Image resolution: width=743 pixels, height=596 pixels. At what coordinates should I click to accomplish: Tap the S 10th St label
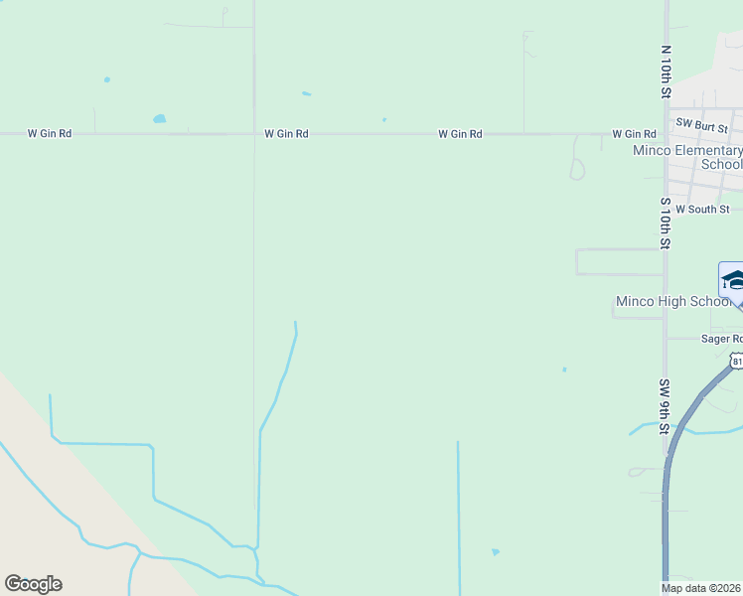tap(666, 223)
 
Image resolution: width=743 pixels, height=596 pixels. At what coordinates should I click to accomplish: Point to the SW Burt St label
tap(701, 125)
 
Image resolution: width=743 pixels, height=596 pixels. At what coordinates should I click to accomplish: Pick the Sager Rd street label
tap(722, 339)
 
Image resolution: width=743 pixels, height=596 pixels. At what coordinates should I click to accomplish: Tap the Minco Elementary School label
tap(687, 157)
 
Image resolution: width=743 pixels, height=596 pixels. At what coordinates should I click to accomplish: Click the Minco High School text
tap(673, 302)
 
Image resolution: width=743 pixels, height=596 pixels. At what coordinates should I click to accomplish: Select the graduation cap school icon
tap(733, 279)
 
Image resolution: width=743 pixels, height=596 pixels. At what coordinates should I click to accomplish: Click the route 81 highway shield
tap(736, 362)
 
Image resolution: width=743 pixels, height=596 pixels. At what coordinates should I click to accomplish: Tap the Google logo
tap(33, 584)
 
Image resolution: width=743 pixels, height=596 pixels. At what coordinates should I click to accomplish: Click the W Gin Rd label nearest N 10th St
tap(634, 134)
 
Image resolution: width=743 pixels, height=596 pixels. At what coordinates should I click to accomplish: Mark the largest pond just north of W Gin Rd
tap(159, 119)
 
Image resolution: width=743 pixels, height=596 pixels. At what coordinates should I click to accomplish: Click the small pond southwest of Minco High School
tap(564, 370)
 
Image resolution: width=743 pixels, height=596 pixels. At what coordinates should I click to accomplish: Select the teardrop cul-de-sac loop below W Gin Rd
tap(577, 168)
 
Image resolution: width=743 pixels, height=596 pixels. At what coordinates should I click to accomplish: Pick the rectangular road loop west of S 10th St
tap(618, 261)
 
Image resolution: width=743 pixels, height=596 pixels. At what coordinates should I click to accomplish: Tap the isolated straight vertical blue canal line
tap(458, 517)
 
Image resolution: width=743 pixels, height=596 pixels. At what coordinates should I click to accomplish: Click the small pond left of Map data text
tap(495, 551)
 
